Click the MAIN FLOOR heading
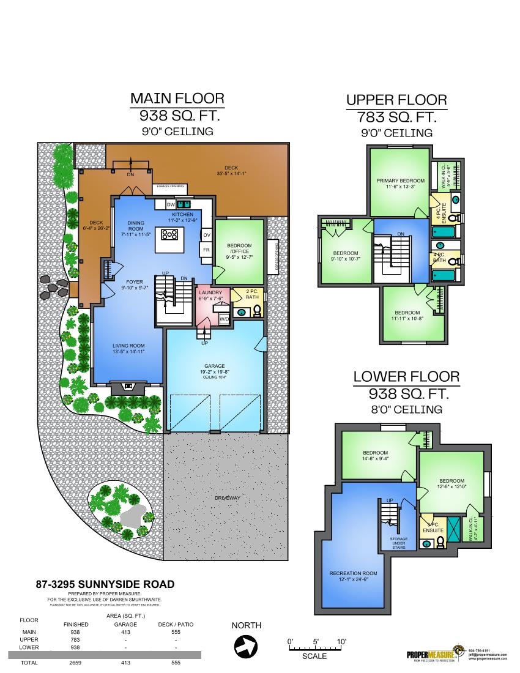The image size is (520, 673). click(x=177, y=99)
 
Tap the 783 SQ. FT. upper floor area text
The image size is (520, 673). click(x=396, y=117)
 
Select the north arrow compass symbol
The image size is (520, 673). click(x=246, y=645)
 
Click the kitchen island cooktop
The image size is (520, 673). click(x=169, y=234)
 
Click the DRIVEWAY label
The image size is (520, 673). click(x=227, y=498)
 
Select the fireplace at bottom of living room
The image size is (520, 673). click(x=128, y=386)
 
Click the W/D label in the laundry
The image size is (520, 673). click(x=225, y=319)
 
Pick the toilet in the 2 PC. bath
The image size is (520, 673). click(x=257, y=311)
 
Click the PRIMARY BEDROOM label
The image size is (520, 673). click(x=401, y=180)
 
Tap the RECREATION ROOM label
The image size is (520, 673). click(x=353, y=573)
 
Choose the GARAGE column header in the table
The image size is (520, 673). click(x=125, y=624)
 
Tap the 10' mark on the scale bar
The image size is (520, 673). click(x=341, y=642)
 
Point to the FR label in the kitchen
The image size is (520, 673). click(x=206, y=250)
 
